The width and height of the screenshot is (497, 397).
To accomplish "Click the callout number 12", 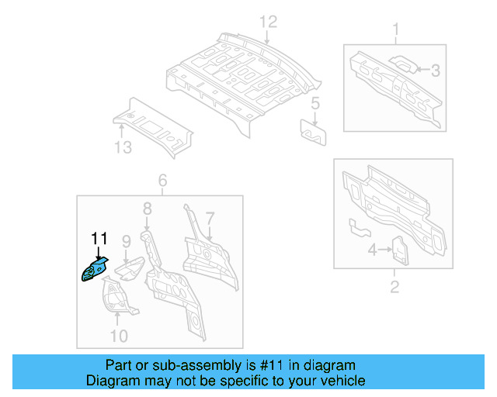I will click(268, 21).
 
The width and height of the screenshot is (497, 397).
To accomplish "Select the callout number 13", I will click(123, 149).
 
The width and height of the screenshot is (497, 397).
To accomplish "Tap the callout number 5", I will click(315, 103).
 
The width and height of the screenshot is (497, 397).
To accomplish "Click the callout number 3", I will click(436, 71).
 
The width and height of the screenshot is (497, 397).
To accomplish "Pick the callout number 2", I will click(394, 288).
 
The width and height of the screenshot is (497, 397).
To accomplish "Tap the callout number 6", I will click(162, 181).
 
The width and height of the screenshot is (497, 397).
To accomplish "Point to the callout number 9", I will click(126, 243).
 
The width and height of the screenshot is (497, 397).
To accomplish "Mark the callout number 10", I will click(118, 335).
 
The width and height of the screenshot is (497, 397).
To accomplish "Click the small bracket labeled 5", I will click(314, 131).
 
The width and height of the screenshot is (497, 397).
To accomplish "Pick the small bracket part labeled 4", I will click(398, 249).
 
